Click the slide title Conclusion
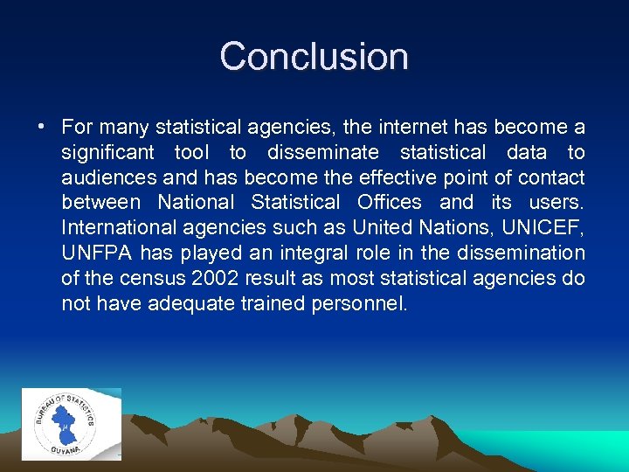[x=314, y=56]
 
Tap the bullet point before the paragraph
[x=41, y=128]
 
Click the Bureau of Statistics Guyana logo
[x=72, y=422]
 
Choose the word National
[x=196, y=203]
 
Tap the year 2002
[x=211, y=279]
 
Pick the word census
[x=145, y=279]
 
